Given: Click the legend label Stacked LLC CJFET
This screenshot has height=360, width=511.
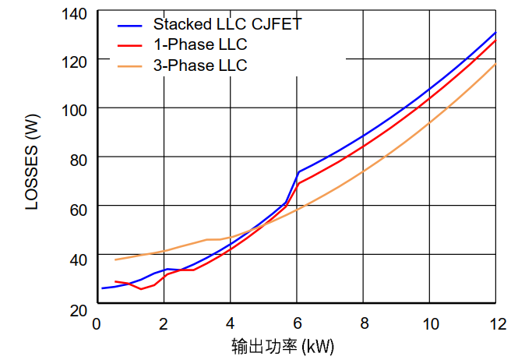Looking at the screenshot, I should tap(227, 24).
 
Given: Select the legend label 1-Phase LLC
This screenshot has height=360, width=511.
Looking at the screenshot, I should tap(200, 45).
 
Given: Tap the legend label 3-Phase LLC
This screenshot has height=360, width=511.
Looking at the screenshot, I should tap(200, 65).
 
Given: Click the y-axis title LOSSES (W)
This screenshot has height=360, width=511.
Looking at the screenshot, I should tap(32, 163).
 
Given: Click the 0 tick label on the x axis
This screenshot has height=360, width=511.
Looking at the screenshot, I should tap(97, 323).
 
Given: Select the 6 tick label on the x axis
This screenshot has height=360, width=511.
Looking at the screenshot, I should tap(297, 323).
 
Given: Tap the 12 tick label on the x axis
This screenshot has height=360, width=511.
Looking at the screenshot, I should tap(495, 323).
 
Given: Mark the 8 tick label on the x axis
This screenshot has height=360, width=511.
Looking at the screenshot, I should tap(363, 323).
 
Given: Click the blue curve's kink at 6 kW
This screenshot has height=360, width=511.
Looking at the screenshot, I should tap(298, 171).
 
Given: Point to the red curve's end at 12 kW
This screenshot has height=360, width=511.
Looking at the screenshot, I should tap(495, 39).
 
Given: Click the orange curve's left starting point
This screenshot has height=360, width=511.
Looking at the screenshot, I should tap(115, 259).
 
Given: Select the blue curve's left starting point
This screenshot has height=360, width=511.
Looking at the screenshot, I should tap(102, 288).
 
